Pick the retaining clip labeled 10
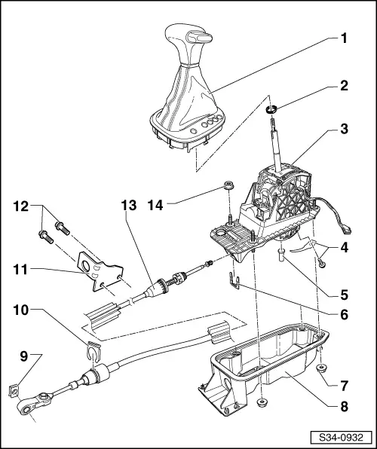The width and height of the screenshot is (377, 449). tap(92, 353)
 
